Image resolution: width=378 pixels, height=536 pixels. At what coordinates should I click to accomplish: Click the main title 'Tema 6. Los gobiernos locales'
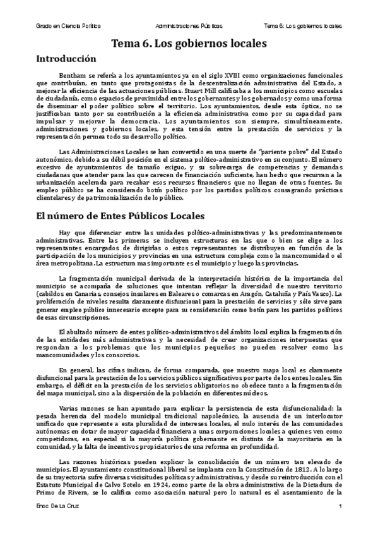tap(189, 44)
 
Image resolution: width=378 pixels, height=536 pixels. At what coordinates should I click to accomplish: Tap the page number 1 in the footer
tap(340, 508)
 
